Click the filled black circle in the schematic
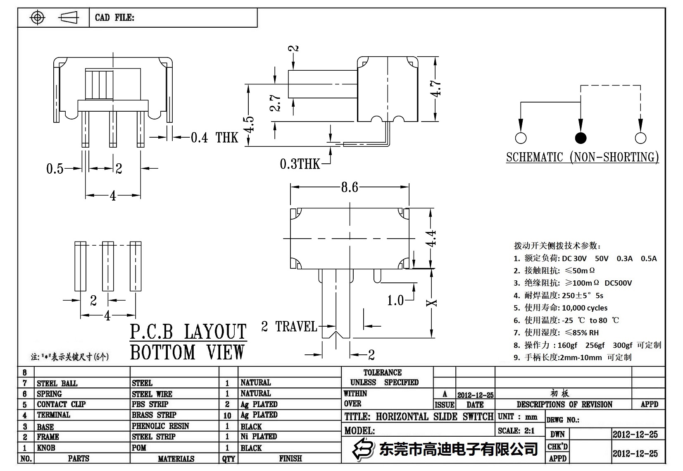(581, 138)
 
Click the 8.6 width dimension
(349, 187)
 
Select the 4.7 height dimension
(436, 88)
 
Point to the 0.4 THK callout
(214, 137)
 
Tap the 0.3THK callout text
(300, 164)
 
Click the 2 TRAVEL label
(289, 327)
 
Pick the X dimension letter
(432, 303)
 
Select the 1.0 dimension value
(395, 300)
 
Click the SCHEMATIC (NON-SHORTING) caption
(582, 157)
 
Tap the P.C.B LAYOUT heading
(188, 332)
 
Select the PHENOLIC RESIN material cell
(160, 426)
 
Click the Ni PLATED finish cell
(259, 436)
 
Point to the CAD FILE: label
(114, 17)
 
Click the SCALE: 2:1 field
(516, 430)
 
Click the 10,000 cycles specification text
(585, 308)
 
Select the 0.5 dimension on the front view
(55, 168)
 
